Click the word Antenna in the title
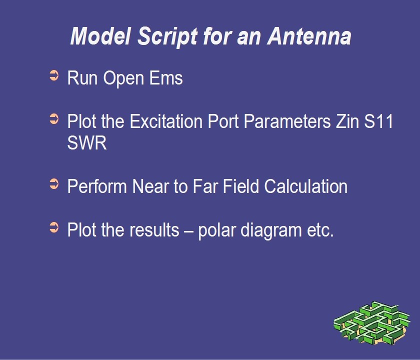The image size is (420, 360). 309,36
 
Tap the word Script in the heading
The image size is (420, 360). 167,37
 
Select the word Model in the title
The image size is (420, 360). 100,36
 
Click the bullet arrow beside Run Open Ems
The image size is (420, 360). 54,75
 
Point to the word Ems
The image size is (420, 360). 166,78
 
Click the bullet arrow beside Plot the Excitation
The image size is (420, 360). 54,118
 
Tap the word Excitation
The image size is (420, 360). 166,121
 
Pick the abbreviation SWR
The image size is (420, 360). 87,143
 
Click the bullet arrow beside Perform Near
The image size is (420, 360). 54,184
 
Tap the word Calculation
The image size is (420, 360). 306,186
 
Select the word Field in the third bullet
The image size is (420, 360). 241,186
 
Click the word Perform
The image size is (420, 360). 97,186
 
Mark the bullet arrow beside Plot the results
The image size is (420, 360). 54,227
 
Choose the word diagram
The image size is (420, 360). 271,230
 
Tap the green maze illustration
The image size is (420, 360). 372,323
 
